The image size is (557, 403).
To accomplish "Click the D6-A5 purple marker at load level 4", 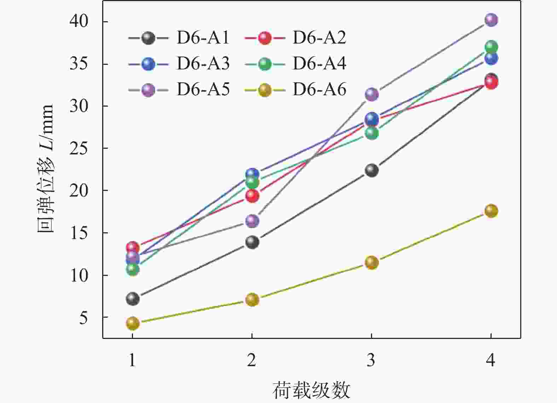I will (x=491, y=20).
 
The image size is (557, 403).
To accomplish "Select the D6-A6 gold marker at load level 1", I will (x=133, y=323).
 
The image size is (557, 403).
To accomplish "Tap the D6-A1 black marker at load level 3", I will (x=371, y=170).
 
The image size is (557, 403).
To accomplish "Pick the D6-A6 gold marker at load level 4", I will (x=491, y=211).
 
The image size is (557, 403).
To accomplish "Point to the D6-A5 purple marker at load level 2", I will (x=252, y=221).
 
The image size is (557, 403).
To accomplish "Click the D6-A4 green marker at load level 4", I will (x=491, y=47).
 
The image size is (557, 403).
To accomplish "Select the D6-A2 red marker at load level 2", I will (x=252, y=196).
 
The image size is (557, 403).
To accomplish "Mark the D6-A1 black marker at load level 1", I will (x=133, y=299).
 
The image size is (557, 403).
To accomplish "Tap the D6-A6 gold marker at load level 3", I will (x=371, y=263).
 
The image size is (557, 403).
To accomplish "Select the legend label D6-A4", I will (x=319, y=64).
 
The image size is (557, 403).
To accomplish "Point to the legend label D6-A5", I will (x=203, y=90).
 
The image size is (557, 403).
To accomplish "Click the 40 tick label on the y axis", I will (x=79, y=22).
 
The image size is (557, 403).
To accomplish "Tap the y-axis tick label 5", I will (x=83, y=318).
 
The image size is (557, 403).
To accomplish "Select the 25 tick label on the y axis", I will (x=79, y=148).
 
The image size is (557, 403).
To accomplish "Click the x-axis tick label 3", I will (x=371, y=361).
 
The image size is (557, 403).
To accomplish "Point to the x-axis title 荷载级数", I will (x=311, y=390).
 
